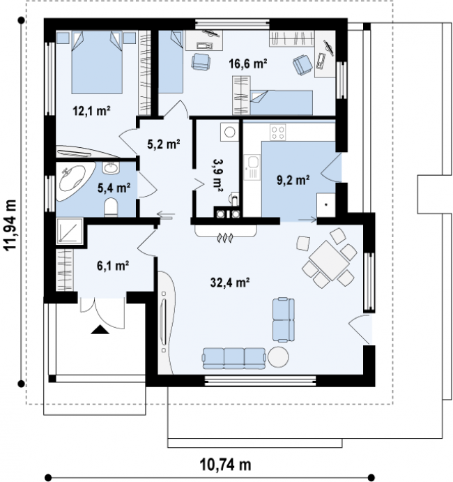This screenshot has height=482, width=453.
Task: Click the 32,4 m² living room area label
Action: (x=230, y=282)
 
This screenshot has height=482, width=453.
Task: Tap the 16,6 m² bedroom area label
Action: (x=247, y=63)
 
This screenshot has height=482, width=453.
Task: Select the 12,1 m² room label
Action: (x=91, y=111)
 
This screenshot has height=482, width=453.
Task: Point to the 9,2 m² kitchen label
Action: (x=293, y=180)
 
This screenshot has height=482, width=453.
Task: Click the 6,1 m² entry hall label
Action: (x=113, y=266)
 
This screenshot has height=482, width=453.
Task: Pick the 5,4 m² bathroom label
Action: (x=114, y=188)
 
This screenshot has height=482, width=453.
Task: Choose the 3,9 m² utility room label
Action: (x=217, y=175)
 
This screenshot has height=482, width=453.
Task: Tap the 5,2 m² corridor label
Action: (x=163, y=144)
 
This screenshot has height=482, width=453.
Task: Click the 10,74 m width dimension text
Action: (x=225, y=465)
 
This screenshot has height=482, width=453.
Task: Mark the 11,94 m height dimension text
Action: (x=10, y=225)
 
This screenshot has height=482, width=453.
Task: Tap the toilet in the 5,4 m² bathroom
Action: (x=111, y=207)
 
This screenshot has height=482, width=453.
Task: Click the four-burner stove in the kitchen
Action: (x=277, y=132)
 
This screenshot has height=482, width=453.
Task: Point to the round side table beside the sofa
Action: (x=278, y=357)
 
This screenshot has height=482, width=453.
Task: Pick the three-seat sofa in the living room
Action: (x=233, y=359)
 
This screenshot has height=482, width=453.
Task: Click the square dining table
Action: (x=329, y=260)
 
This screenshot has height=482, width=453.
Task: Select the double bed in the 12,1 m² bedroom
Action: (x=97, y=62)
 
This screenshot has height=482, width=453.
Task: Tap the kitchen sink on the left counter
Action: (x=252, y=167)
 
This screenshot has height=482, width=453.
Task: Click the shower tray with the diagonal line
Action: (x=70, y=231)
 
